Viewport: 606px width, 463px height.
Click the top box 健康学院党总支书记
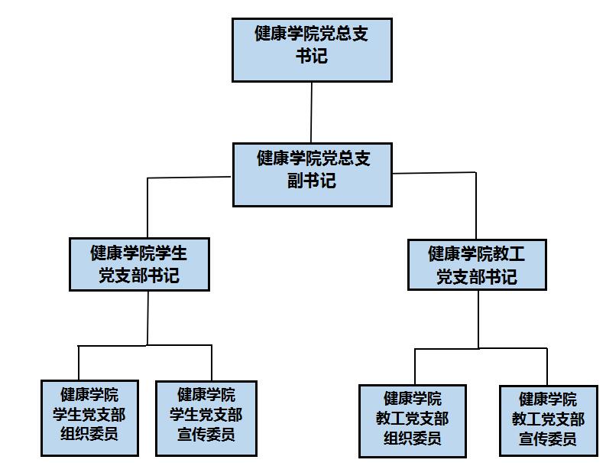[311, 50]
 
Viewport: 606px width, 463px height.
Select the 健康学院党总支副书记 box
[312, 174]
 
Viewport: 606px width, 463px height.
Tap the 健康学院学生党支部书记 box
[138, 263]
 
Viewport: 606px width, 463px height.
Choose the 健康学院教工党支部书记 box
[477, 265]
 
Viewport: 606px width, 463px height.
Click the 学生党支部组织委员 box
[89, 418]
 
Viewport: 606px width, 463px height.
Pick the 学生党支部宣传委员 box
[206, 418]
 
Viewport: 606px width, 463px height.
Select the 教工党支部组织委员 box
[412, 421]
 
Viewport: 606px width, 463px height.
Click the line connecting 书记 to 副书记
[311, 112]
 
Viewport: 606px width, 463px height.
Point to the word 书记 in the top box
[311, 57]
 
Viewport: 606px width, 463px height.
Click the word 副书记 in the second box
[312, 182]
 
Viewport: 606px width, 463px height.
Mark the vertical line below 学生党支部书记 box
[147, 318]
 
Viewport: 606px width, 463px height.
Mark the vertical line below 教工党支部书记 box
[479, 319]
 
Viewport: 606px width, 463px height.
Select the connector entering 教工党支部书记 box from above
[476, 207]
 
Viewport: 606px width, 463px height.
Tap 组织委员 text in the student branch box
[89, 435]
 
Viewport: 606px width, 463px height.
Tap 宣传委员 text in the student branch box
[206, 435]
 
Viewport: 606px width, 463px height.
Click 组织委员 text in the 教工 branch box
[412, 439]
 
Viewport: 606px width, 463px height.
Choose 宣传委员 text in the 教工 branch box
[548, 439]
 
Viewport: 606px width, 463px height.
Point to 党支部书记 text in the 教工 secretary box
[477, 276]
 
